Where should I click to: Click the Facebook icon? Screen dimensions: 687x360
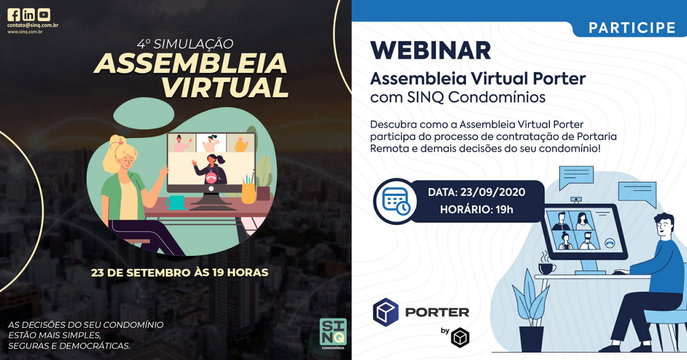point(14,15)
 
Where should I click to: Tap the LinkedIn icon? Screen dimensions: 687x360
point(29,15)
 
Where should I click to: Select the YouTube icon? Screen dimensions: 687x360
point(44,15)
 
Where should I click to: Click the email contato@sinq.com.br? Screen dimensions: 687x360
point(33,25)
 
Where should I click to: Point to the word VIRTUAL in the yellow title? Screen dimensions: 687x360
point(225,88)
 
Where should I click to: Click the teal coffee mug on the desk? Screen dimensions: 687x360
point(176,203)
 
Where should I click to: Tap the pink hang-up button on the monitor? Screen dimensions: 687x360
point(211,178)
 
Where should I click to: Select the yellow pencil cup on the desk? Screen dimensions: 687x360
point(248,193)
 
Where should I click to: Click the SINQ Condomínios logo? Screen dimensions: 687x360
point(333,334)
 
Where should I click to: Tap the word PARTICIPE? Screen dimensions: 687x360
point(632,28)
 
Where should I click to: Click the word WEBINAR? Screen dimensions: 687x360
point(431,51)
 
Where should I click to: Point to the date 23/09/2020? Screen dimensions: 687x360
point(492,192)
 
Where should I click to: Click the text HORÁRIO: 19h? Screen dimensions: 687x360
point(477,210)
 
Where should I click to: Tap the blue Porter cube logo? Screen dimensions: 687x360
point(386,312)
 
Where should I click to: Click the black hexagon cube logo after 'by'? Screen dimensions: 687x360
point(460,338)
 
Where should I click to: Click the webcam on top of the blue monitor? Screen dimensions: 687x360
point(576,200)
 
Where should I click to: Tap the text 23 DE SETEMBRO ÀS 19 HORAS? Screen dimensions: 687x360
point(180,272)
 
